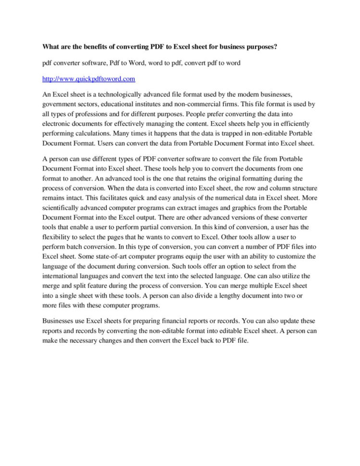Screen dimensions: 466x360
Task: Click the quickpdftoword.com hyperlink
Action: [89, 78]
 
